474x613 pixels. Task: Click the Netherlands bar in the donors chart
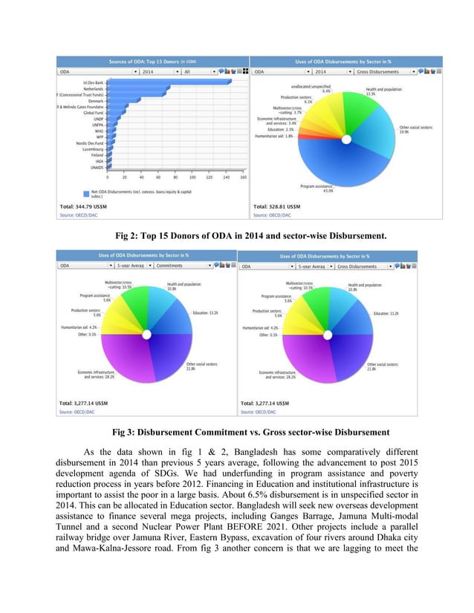click(138, 89)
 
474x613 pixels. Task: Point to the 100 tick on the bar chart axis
click(192, 177)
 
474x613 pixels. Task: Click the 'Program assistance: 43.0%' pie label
click(316, 188)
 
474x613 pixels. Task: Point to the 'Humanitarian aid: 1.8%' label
click(273, 137)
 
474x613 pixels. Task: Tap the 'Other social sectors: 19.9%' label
click(415, 130)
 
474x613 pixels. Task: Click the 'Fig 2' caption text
click(237, 236)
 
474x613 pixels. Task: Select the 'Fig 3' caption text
click(237, 432)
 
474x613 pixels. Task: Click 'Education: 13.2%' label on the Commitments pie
click(205, 313)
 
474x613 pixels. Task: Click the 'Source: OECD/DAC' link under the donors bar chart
click(77, 215)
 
